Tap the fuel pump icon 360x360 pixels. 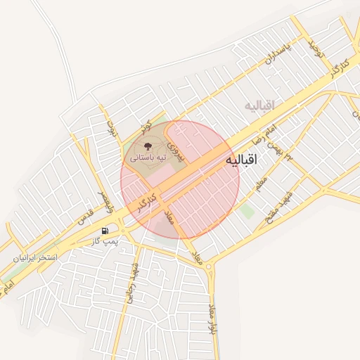[x=105, y=230]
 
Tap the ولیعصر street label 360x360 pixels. [x=103, y=201]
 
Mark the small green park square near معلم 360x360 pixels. [x=246, y=210]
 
